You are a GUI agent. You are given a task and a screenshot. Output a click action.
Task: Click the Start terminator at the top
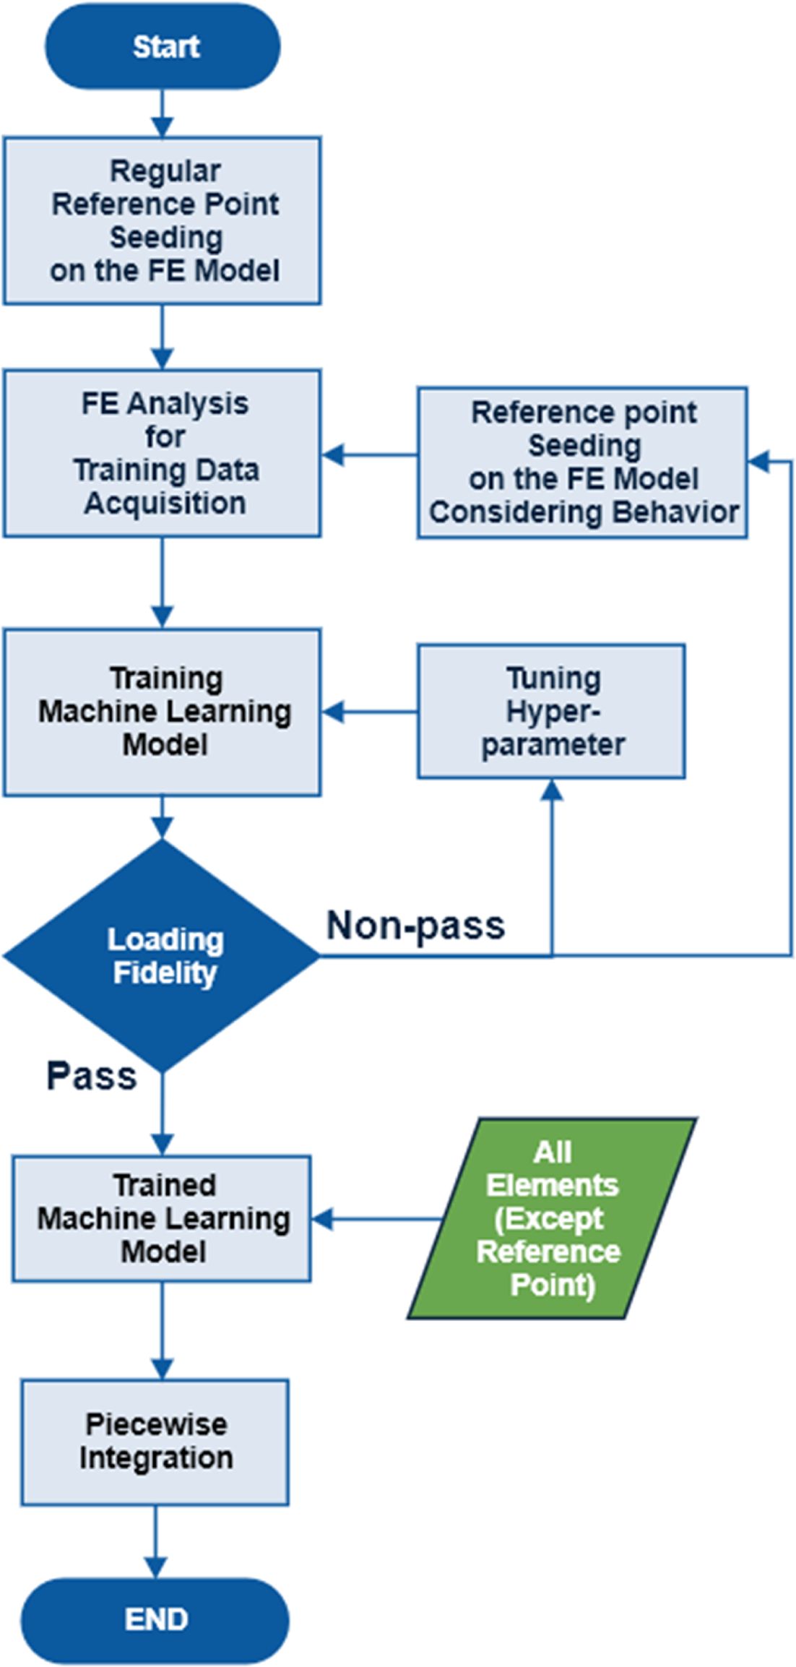(x=163, y=47)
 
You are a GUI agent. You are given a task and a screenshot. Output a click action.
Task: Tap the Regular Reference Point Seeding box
(x=163, y=220)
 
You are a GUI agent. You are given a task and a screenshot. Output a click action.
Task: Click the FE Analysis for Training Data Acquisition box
(x=163, y=453)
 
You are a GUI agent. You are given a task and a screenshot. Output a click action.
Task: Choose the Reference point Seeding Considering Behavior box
(x=582, y=462)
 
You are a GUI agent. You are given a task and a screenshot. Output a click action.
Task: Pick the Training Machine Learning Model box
(x=163, y=712)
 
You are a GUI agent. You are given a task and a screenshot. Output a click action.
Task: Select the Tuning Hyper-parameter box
(x=551, y=712)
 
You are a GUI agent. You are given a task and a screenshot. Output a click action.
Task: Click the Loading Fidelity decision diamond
(x=163, y=955)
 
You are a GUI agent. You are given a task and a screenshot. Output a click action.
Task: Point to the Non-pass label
(x=415, y=926)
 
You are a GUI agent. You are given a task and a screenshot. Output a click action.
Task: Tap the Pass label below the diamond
(x=92, y=1076)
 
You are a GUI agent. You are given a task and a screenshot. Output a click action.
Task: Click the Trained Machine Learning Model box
(x=162, y=1218)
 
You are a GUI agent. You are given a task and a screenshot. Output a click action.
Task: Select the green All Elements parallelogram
(x=553, y=1218)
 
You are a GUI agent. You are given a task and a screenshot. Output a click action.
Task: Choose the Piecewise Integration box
(x=155, y=1442)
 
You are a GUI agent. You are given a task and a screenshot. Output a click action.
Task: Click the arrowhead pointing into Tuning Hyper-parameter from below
(x=552, y=790)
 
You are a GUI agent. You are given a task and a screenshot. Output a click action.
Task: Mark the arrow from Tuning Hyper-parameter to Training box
(x=369, y=712)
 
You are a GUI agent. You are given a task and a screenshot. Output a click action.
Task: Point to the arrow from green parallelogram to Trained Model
(x=376, y=1219)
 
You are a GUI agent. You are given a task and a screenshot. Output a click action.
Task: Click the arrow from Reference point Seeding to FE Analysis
(x=369, y=455)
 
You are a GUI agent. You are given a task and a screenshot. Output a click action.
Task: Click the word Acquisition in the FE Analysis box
(x=165, y=503)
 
